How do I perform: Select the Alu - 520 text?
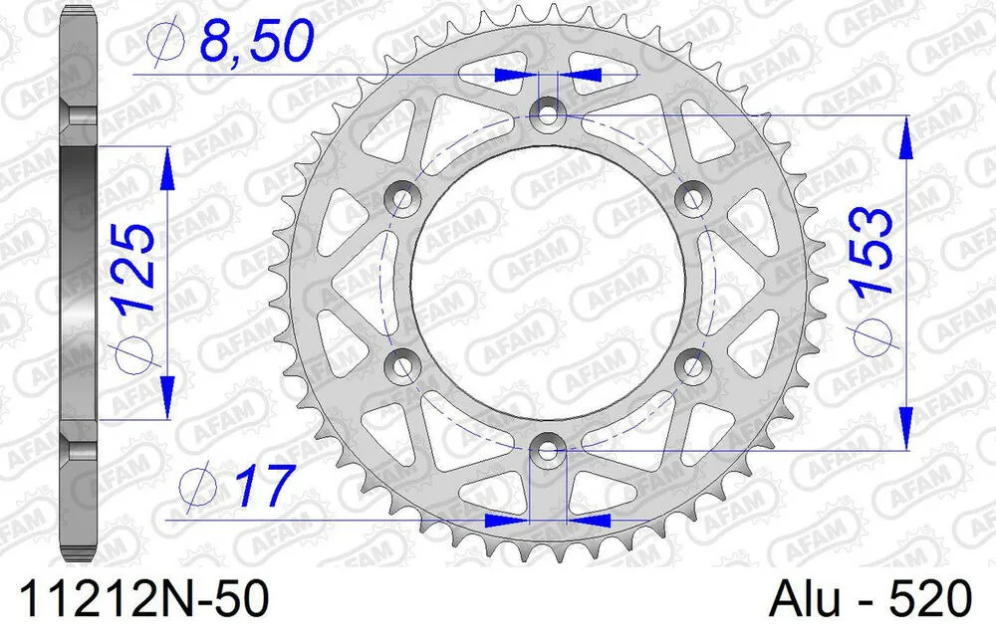coord(871,600)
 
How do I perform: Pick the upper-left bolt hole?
coord(402,198)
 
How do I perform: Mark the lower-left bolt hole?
coord(402,366)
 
